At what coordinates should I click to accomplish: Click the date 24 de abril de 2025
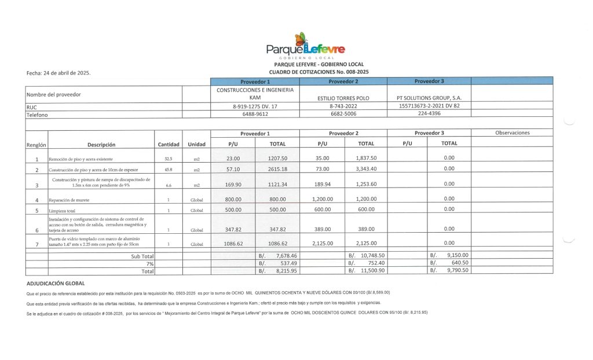58,74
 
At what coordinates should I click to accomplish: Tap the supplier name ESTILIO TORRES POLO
343,98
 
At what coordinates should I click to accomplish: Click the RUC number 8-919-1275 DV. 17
255,106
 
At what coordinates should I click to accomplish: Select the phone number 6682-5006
343,115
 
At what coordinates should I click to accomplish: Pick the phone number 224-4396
429,115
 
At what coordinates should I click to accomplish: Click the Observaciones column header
512,133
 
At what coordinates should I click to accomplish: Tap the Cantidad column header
169,144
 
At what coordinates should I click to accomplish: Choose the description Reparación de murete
69,200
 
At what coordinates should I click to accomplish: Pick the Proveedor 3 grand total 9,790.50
457,270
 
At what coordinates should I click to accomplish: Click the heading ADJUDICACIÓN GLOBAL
56,284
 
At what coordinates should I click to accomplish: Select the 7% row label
149,263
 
